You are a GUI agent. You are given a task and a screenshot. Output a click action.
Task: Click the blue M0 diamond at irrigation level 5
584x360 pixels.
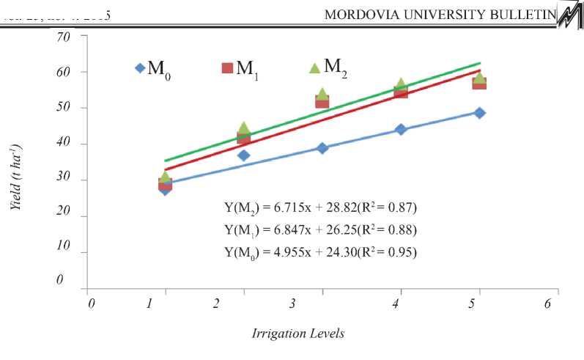[x=479, y=113]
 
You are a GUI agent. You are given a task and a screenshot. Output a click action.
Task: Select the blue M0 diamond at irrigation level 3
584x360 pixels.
[x=322, y=148]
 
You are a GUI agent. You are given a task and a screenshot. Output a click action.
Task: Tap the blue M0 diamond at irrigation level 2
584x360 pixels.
[x=244, y=155]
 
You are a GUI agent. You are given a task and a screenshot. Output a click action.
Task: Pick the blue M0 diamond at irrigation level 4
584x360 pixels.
[x=401, y=129]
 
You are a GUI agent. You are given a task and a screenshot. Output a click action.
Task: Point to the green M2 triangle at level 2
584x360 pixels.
[x=244, y=128]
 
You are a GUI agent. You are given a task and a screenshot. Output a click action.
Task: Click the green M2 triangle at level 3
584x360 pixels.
[x=322, y=94]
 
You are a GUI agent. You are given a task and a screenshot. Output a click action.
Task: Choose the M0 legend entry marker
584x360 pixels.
[x=140, y=68]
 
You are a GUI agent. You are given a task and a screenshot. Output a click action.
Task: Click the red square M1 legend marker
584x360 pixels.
[x=227, y=68]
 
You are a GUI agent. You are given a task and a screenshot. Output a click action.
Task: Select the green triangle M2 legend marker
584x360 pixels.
[x=314, y=67]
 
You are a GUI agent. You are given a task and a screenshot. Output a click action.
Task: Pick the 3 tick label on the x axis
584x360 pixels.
[x=292, y=303]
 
